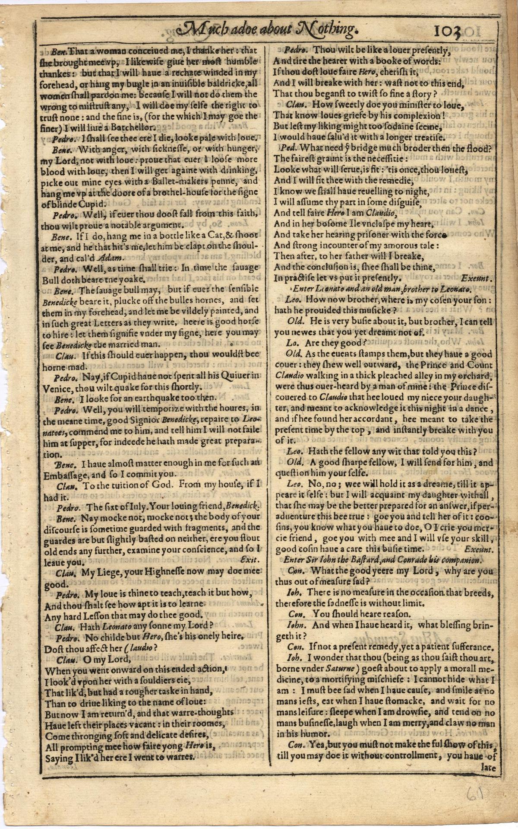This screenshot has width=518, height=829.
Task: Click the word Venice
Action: click(59, 386)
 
